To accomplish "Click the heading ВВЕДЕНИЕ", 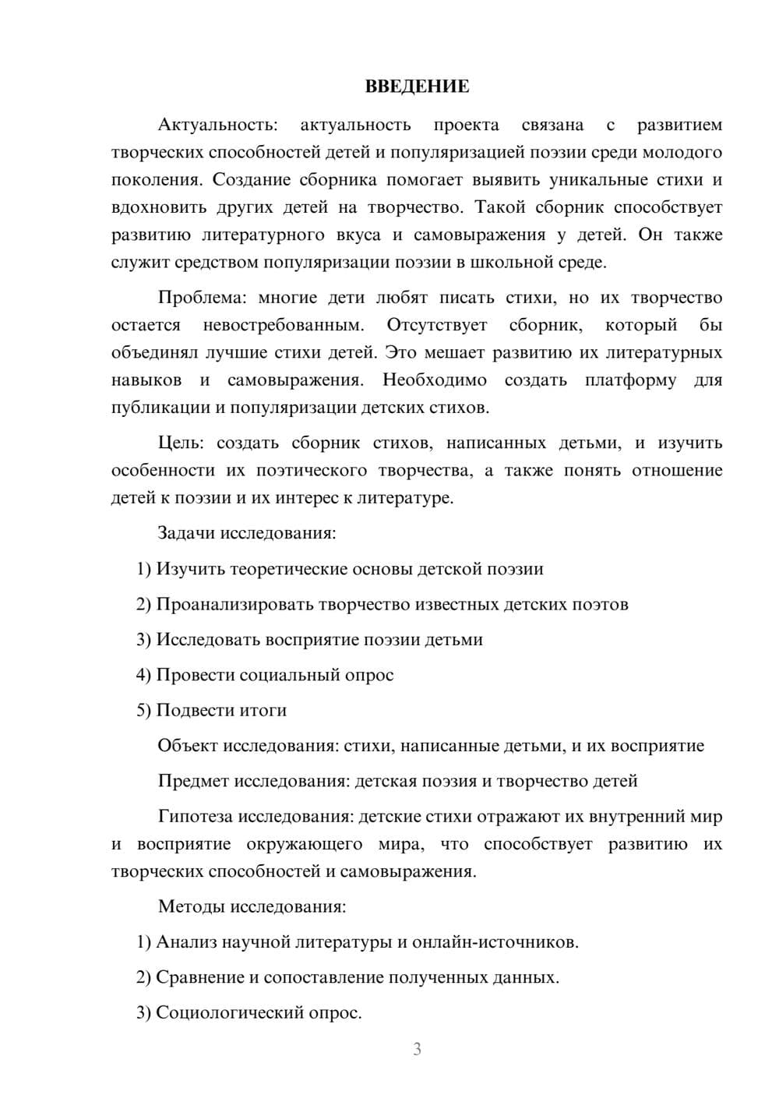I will click(x=417, y=87).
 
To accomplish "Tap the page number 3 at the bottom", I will click(x=417, y=1049).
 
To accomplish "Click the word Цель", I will click(x=179, y=443).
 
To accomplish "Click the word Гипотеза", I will click(x=196, y=817).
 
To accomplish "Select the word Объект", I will click(x=188, y=746).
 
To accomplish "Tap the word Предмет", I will click(x=194, y=781).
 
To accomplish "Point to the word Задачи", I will click(x=186, y=534).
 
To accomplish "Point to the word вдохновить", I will click(x=160, y=207).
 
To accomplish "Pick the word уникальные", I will click(x=600, y=180).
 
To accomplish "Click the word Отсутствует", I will click(x=437, y=325).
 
